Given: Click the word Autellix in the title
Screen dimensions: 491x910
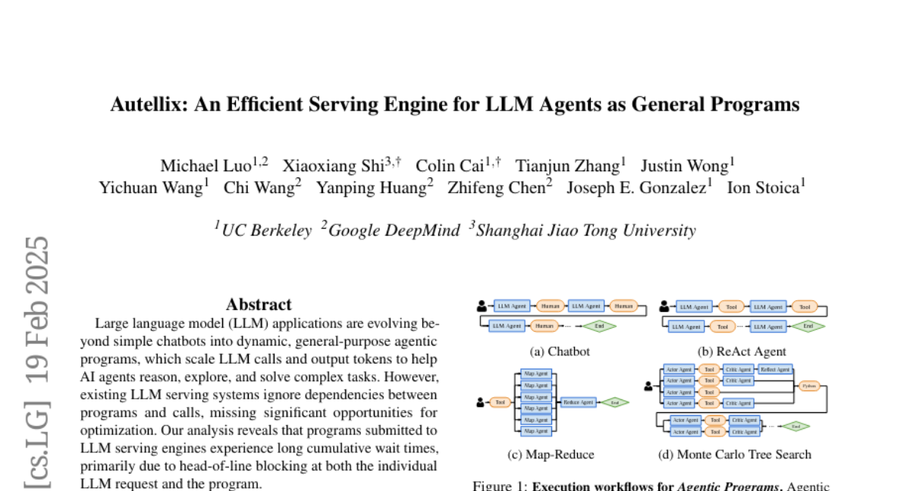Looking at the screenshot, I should [x=146, y=105].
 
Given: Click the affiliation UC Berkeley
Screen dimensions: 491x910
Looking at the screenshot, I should [x=266, y=230].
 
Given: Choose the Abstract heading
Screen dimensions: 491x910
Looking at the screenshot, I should [x=259, y=305].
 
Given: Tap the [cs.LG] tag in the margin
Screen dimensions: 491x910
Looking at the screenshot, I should [x=38, y=443].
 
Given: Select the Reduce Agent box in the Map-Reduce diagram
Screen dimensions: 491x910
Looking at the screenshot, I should [x=578, y=402].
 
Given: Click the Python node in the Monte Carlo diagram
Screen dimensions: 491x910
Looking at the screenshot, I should [x=809, y=386].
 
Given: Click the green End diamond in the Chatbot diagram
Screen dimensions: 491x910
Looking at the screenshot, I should [x=599, y=327].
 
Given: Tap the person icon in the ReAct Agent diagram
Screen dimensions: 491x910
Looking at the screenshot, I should [x=664, y=307].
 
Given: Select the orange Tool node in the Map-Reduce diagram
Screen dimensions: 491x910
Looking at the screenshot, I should [x=500, y=402].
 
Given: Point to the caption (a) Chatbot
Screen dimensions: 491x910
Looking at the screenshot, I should [x=559, y=352].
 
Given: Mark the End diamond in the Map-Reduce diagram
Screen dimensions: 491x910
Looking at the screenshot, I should [x=615, y=402].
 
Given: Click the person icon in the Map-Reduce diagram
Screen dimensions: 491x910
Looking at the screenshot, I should [x=481, y=402].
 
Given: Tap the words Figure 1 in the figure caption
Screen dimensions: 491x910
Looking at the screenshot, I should [x=499, y=486].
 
